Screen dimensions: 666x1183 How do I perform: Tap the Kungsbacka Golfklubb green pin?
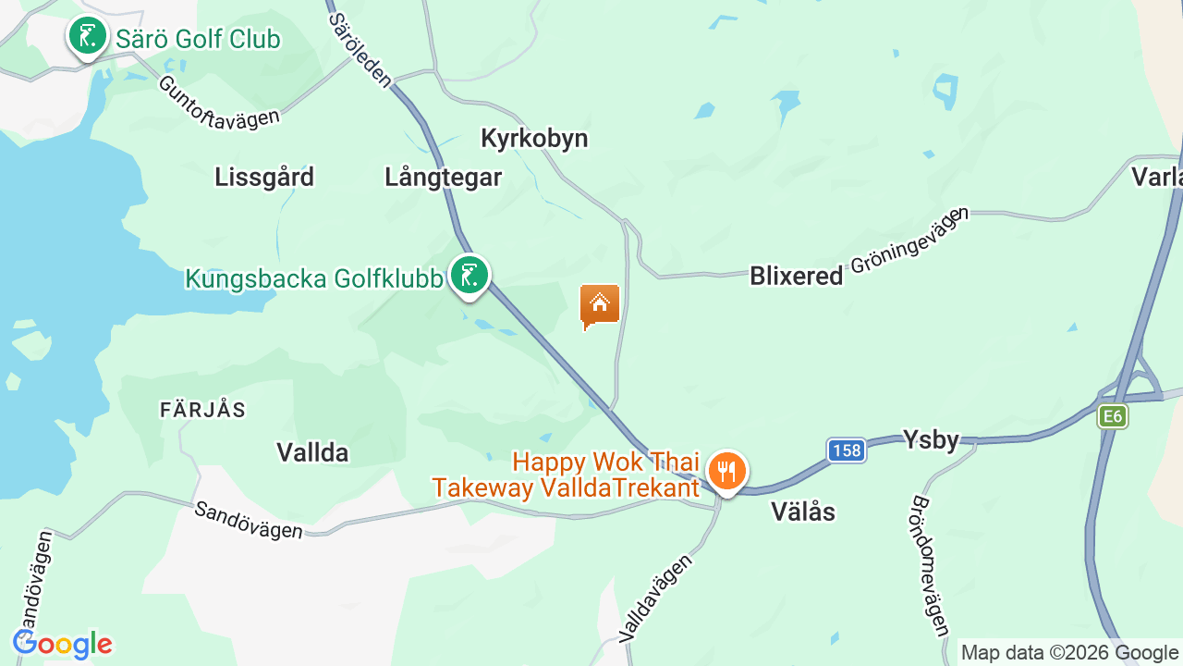tap(470, 276)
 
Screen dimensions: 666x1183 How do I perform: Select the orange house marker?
tap(599, 304)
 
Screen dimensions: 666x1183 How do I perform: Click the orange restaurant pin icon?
tap(727, 472)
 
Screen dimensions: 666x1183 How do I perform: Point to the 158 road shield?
tap(846, 450)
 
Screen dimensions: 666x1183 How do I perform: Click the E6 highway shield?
tap(1113, 416)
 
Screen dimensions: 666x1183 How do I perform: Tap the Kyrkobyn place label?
tap(534, 139)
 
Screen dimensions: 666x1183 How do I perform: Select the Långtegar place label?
tap(444, 178)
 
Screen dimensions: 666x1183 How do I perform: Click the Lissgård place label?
tap(264, 177)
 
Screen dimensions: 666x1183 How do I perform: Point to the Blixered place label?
tap(797, 276)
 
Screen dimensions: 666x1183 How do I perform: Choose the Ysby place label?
tap(931, 440)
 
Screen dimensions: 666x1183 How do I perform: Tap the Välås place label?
tap(803, 511)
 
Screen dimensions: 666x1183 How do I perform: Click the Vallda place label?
tap(312, 452)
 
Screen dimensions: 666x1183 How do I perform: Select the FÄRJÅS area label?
tap(202, 410)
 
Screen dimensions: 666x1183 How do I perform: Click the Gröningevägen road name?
tap(909, 240)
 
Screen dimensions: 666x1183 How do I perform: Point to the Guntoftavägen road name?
tap(218, 103)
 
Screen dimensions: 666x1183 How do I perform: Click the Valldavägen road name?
tap(655, 598)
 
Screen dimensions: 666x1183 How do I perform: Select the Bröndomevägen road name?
tap(930, 565)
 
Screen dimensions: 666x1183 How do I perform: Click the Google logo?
tap(63, 644)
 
